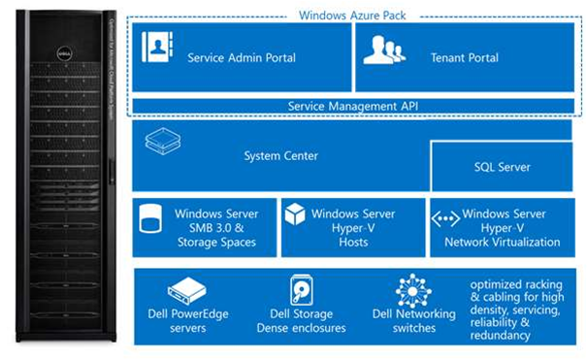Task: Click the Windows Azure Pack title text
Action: tap(353, 15)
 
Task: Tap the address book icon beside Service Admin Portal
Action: tap(156, 48)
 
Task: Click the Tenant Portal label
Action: tap(464, 58)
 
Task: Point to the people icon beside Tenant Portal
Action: tap(384, 49)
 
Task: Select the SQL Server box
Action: tap(502, 167)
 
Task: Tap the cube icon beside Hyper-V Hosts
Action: tap(295, 215)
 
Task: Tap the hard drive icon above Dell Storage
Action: tap(301, 289)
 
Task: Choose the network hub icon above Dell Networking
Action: tap(413, 290)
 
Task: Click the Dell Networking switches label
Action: tap(413, 320)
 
